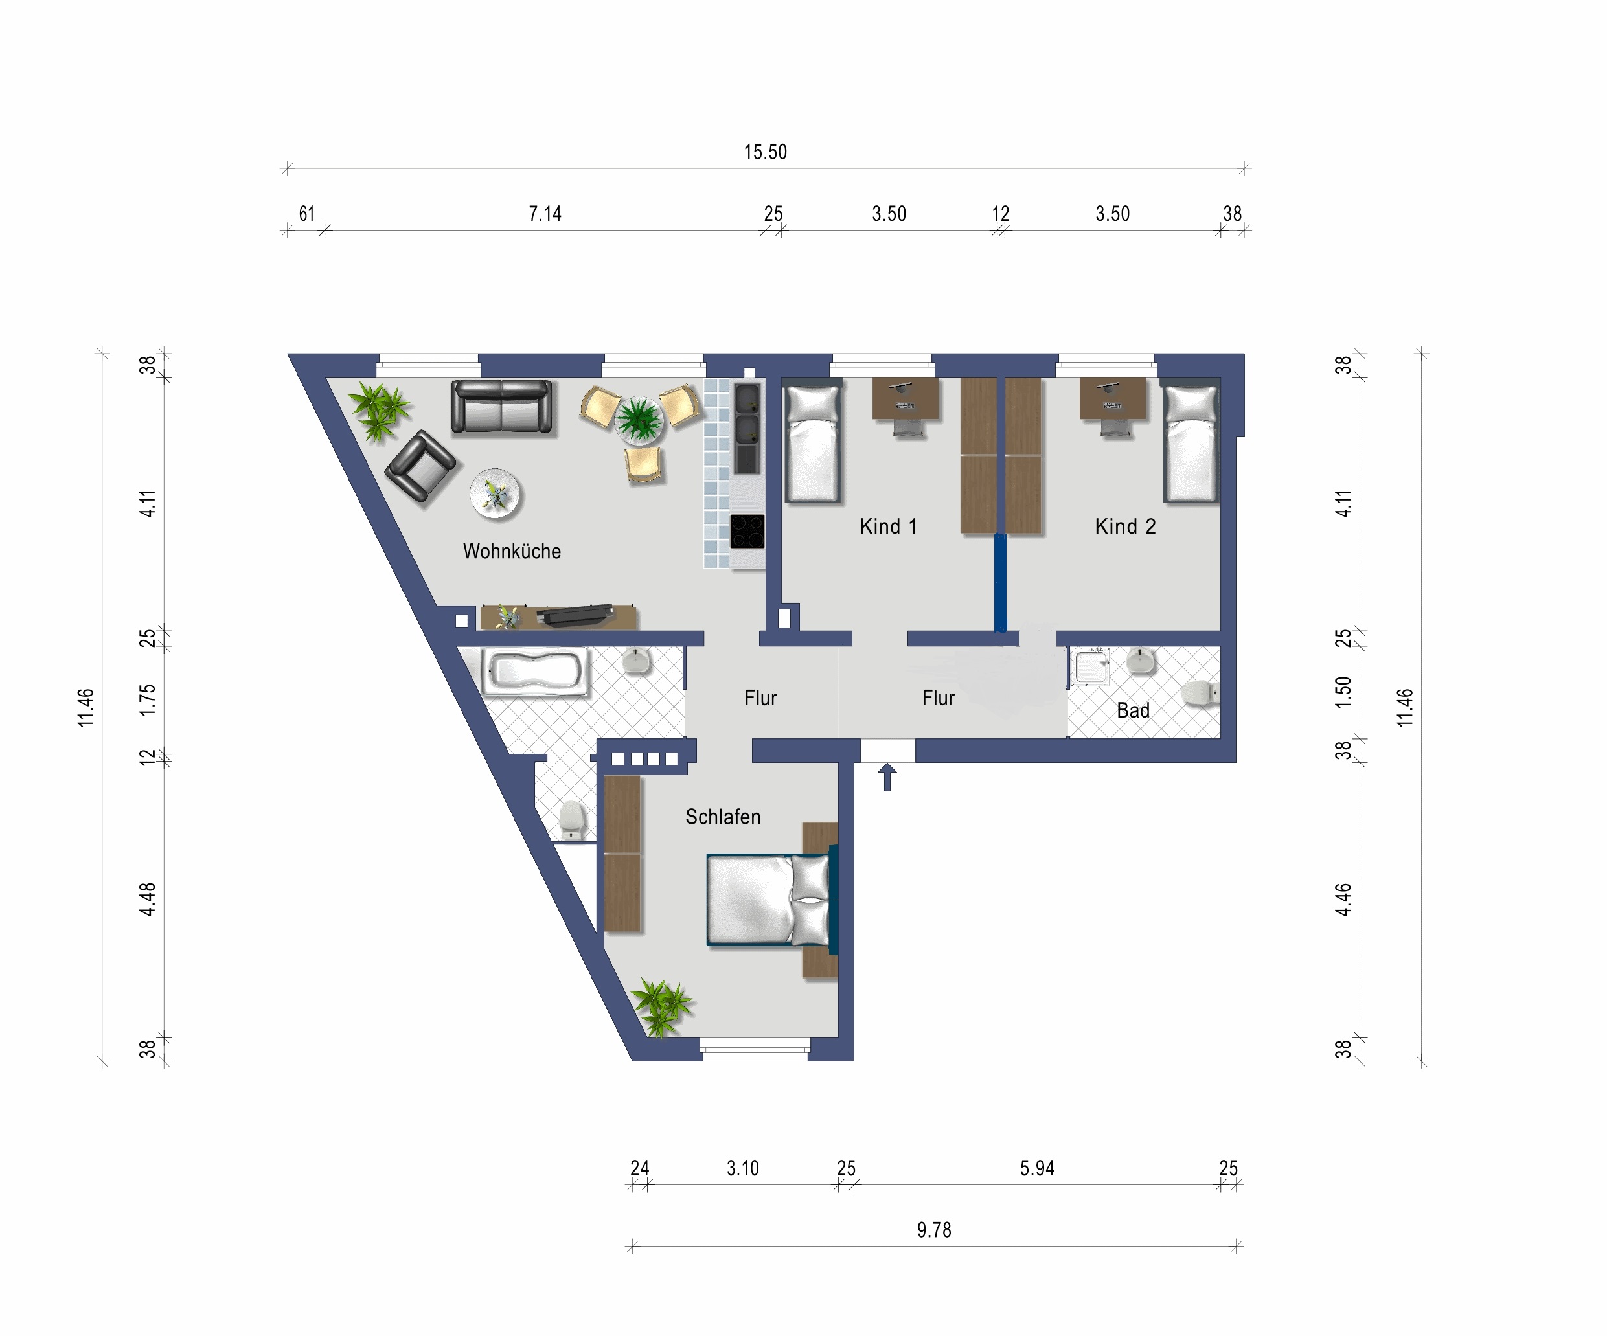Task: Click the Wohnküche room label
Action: point(512,551)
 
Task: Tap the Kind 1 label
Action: point(887,526)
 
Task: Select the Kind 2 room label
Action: point(1125,526)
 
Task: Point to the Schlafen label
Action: point(723,817)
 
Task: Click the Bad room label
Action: point(1134,711)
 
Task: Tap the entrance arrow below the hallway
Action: point(887,776)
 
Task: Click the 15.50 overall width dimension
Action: point(765,152)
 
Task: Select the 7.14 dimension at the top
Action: point(545,214)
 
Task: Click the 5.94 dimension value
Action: point(1037,1168)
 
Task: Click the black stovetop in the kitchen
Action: point(747,532)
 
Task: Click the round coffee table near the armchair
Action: point(495,493)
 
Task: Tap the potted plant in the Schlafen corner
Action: point(659,1006)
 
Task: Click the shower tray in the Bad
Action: point(1091,666)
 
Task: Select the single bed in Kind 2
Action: point(1190,444)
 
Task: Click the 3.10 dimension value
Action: point(742,1168)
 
